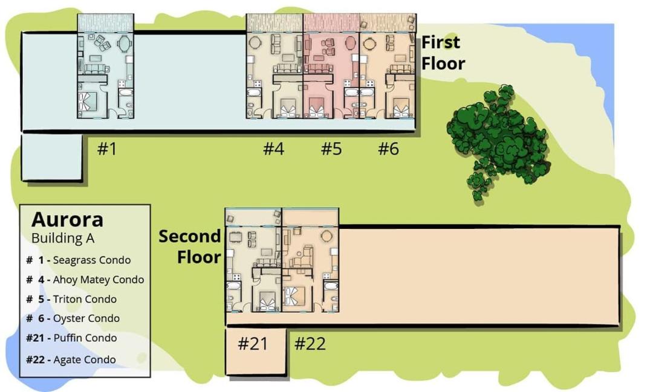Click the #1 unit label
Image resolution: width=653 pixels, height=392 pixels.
pyautogui.click(x=106, y=149)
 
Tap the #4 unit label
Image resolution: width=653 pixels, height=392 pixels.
pyautogui.click(x=274, y=149)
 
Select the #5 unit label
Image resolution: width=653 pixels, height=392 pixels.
pyautogui.click(x=331, y=149)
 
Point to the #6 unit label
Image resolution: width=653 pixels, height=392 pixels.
pyautogui.click(x=389, y=149)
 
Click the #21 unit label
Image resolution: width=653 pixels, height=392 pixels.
pyautogui.click(x=253, y=344)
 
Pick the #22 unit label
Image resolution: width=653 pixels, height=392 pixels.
pyautogui.click(x=310, y=344)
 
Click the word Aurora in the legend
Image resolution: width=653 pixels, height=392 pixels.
pyautogui.click(x=68, y=219)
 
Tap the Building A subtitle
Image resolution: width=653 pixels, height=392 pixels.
pyautogui.click(x=63, y=239)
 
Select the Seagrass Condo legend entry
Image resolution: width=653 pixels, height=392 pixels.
pyautogui.click(x=78, y=260)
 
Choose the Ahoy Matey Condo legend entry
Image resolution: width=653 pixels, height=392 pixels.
pyautogui.click(x=85, y=280)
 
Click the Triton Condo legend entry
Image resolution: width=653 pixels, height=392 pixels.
pyautogui.click(x=71, y=299)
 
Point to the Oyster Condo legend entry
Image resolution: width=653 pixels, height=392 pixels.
pyautogui.click(x=73, y=318)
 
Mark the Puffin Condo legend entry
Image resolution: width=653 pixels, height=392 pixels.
pyautogui.click(x=71, y=338)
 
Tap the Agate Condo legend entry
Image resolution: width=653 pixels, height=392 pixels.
pyautogui.click(x=71, y=359)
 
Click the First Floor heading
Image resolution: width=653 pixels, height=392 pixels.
pyautogui.click(x=443, y=53)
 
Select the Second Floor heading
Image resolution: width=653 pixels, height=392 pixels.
pyautogui.click(x=190, y=246)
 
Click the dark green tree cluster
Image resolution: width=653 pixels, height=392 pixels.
pyautogui.click(x=498, y=140)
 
